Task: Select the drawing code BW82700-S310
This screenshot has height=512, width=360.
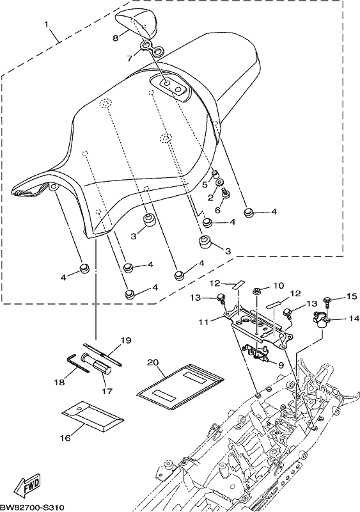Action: tap(31, 507)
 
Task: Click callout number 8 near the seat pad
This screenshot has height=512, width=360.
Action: tap(115, 38)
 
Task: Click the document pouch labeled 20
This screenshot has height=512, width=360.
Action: tap(180, 387)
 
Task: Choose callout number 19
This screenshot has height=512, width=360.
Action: tap(126, 340)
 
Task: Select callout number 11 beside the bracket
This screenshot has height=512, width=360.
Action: tap(205, 322)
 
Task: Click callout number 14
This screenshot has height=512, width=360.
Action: tap(354, 318)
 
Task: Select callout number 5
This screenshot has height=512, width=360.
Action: tap(205, 184)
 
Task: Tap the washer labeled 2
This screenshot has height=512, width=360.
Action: tap(219, 182)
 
